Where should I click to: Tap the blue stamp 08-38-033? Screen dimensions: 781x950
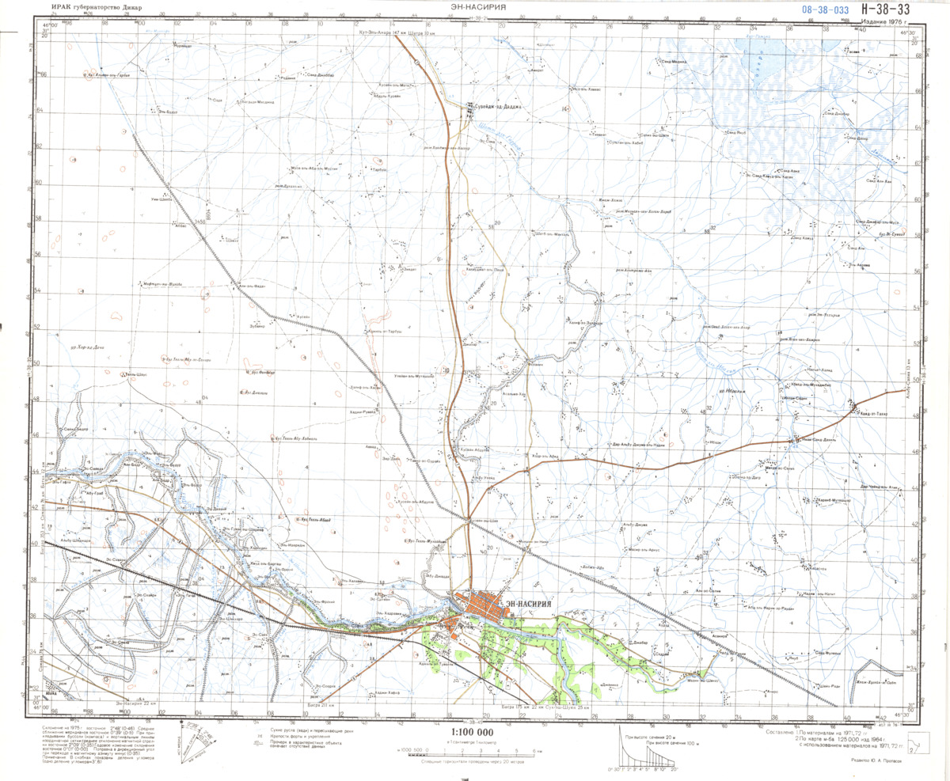click(826, 9)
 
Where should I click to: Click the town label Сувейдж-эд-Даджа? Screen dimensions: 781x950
click(496, 106)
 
